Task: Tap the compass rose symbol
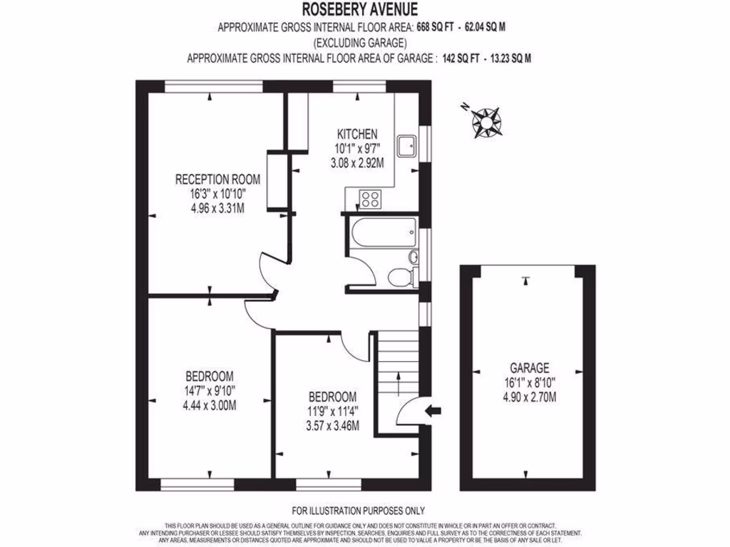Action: [487, 120]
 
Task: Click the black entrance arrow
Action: [433, 410]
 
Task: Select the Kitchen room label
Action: [357, 135]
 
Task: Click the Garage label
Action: [529, 368]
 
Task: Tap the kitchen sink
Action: [408, 145]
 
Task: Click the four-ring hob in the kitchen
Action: [369, 198]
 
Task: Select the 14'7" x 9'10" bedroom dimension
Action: [209, 390]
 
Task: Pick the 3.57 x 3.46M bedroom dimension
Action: [332, 426]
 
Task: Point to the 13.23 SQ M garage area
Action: [507, 59]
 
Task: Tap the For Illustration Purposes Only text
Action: [359, 511]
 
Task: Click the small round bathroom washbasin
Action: [413, 256]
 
